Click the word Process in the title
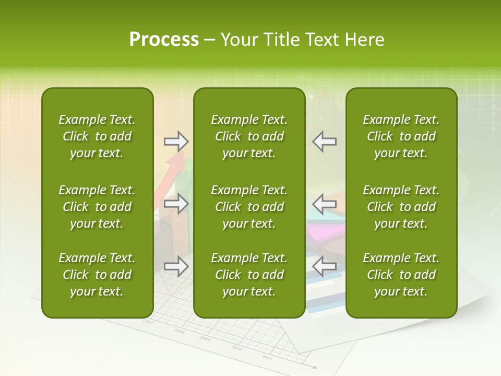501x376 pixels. [x=164, y=40]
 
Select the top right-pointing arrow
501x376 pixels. [x=176, y=141]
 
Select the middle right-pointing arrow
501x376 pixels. [x=176, y=204]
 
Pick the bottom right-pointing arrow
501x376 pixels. [x=176, y=266]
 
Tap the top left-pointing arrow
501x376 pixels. [x=324, y=141]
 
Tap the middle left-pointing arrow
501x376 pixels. [x=324, y=204]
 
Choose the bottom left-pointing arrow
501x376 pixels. [x=324, y=266]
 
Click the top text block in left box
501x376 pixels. [x=97, y=136]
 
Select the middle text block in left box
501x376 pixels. [x=97, y=207]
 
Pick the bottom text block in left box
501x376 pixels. [x=97, y=275]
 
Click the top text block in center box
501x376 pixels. [x=249, y=136]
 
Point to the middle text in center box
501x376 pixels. [x=249, y=207]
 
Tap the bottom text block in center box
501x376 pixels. [x=249, y=275]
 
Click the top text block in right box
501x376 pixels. [x=401, y=136]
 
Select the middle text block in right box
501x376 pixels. [x=401, y=207]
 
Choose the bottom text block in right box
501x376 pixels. [x=401, y=275]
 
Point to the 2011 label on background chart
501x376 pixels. [x=267, y=358]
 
